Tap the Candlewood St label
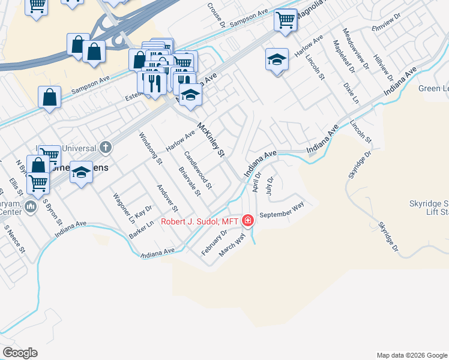(198, 170)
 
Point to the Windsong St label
(151, 148)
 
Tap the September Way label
(282, 210)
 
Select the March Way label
(233, 246)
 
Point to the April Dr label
(257, 181)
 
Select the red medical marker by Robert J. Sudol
(247, 221)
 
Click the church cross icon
(106, 147)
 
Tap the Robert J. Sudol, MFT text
(200, 222)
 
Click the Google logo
(20, 353)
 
